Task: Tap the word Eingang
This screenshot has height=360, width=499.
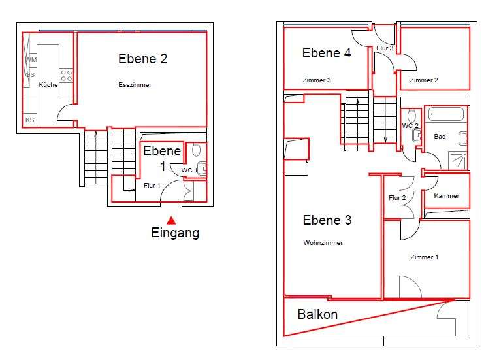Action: [x=175, y=233]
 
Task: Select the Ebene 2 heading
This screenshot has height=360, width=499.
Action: [x=142, y=59]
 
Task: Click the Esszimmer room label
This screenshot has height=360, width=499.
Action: [x=135, y=85]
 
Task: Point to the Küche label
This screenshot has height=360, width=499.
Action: [x=48, y=85]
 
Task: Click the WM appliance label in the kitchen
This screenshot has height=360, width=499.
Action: [x=31, y=60]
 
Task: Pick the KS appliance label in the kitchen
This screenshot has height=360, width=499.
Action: [x=30, y=120]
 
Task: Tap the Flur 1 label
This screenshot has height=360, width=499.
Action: [x=152, y=186]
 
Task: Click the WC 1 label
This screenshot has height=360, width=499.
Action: [x=189, y=171]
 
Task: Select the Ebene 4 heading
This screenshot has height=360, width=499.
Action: [x=327, y=54]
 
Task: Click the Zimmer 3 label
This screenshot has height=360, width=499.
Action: [x=317, y=80]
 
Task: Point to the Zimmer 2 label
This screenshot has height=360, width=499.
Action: [x=423, y=80]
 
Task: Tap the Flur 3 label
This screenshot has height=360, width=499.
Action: [x=385, y=48]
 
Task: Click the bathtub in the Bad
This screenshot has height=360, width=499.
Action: [x=446, y=114]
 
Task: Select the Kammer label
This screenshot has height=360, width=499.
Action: [x=446, y=196]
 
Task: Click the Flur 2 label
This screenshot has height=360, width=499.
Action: [x=398, y=198]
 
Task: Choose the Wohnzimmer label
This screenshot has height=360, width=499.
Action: [x=323, y=243]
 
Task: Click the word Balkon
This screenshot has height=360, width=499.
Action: [x=317, y=314]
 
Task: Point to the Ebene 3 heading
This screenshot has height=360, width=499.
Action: [x=327, y=220]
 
